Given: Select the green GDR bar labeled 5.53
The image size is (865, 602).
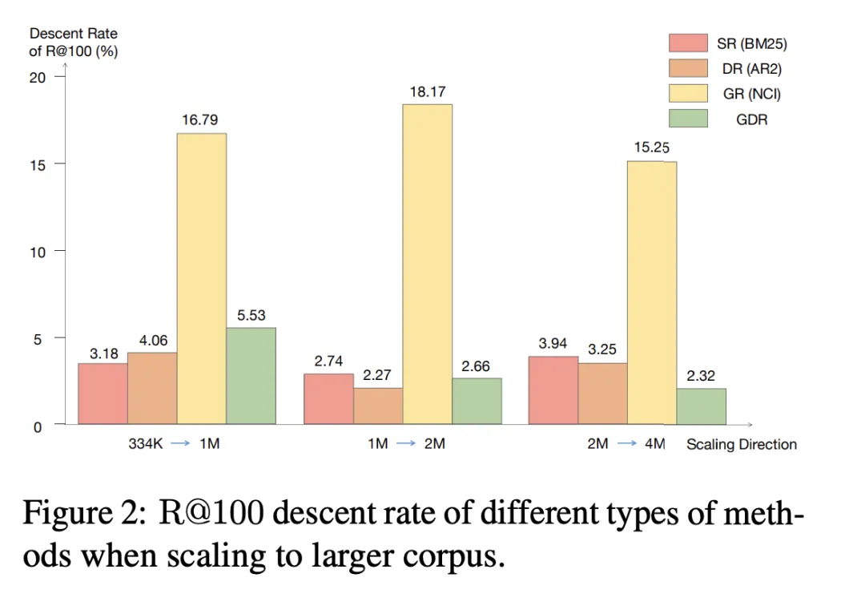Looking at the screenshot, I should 251,375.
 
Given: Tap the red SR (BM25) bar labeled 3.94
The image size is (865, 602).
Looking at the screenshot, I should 553,390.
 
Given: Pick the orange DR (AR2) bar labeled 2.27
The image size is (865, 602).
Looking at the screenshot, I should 377,406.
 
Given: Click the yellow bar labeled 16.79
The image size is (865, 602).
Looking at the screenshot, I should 201,277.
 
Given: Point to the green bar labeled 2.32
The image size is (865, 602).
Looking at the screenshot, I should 701,406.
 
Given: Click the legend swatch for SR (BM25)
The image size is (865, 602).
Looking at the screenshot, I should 688,43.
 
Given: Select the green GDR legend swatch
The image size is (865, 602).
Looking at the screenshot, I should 688,119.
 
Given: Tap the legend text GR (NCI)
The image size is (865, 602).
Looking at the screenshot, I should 751,94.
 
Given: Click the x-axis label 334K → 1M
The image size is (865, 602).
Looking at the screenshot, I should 174,444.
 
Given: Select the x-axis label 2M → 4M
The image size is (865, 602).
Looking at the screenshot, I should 626,444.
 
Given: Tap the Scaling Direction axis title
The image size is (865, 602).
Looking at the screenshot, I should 742,444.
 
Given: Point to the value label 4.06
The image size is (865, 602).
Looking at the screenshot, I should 154,341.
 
